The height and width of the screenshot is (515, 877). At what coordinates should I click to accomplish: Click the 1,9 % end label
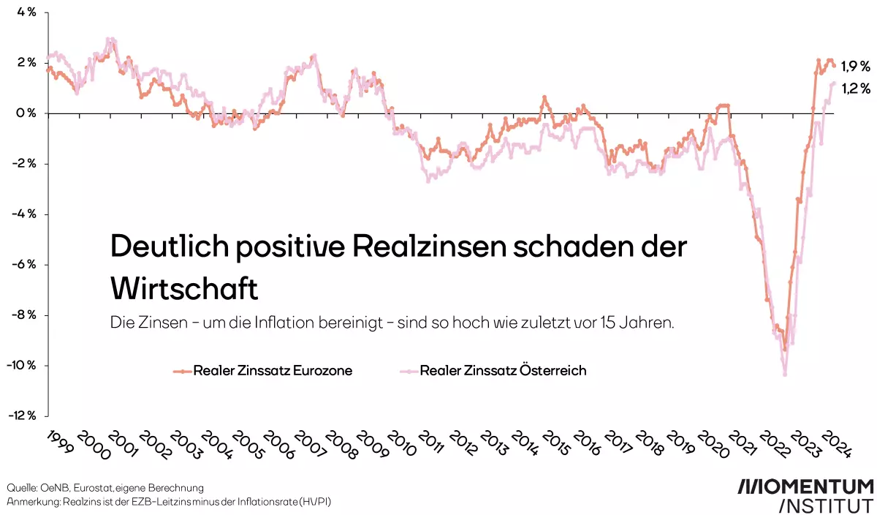855,67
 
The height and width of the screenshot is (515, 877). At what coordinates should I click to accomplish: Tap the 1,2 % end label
855,89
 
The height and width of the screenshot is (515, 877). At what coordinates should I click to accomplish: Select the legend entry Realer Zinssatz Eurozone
273,371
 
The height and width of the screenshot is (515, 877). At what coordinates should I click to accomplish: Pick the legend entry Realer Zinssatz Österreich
503,371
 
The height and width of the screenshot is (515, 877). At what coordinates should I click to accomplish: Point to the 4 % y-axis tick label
26,12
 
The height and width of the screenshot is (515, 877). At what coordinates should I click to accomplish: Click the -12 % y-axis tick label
23,416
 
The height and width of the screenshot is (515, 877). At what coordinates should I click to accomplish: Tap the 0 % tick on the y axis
26,113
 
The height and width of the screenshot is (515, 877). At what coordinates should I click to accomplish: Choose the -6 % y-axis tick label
24,265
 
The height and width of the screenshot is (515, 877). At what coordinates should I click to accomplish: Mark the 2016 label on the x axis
587,443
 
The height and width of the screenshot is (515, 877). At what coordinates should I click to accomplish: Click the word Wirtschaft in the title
184,289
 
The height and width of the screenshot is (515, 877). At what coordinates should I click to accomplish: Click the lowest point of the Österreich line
785,375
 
